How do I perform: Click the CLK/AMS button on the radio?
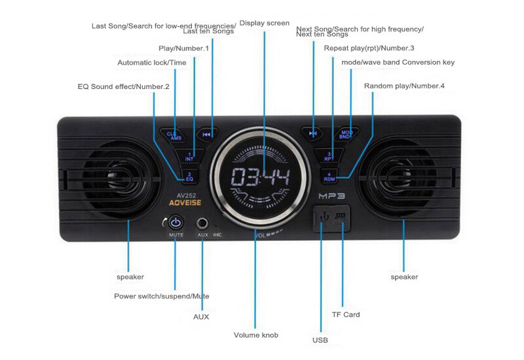175,134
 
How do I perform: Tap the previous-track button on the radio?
207,134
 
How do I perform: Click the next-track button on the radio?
313,134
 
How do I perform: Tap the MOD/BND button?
346,134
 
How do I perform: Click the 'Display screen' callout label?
264,23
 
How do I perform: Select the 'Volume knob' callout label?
256,335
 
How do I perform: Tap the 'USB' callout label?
320,340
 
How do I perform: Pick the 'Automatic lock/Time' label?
152,63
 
